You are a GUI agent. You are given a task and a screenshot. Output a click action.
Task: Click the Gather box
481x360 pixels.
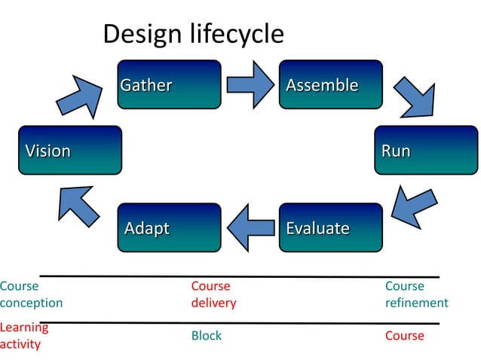coord(169,85)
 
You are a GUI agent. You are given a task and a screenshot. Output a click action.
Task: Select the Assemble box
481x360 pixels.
coord(330,85)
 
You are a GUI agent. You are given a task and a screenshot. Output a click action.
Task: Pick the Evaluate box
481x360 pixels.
coord(330,227)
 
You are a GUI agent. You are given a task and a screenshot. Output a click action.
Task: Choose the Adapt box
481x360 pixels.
coord(169,227)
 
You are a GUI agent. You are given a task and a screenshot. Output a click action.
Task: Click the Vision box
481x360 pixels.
coord(69,151)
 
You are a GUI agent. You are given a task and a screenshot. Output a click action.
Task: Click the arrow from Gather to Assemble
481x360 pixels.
coord(250,84)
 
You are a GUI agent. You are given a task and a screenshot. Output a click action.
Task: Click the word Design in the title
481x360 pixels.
coord(139,34)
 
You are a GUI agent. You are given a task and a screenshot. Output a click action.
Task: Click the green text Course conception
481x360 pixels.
coord(31,294)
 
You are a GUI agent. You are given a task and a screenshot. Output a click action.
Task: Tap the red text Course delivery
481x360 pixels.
coord(213,294)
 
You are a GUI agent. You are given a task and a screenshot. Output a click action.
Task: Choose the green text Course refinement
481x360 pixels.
coord(416,294)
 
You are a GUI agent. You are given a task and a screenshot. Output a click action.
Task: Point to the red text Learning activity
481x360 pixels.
coord(24,336)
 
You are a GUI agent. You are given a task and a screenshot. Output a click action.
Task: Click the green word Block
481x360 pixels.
coord(207,336)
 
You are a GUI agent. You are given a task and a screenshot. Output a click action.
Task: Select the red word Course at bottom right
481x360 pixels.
coord(404,336)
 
